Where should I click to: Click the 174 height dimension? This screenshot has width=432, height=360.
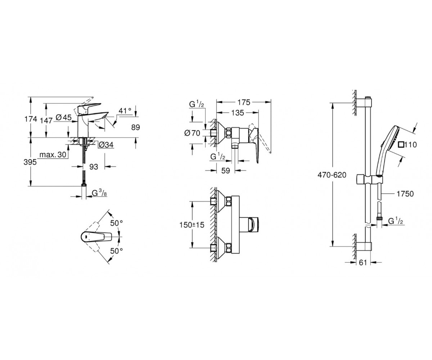[31, 119]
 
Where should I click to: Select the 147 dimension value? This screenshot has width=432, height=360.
[46, 120]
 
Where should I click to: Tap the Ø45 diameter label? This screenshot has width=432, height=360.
[63, 117]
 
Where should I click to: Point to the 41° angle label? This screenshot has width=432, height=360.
[125, 111]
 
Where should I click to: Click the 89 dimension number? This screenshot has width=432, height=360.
[135, 127]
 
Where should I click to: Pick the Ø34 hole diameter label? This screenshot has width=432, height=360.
[106, 145]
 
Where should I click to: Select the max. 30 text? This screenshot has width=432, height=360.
[53, 154]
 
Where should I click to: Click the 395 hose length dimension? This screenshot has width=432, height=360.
[30, 162]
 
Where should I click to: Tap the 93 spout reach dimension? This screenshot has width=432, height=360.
[94, 167]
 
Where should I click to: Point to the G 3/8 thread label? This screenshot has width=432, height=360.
[99, 193]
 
